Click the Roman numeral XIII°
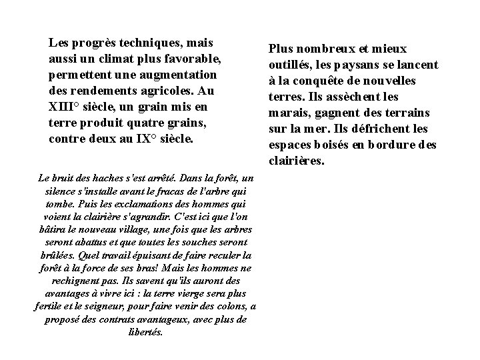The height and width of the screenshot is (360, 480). pos(66,107)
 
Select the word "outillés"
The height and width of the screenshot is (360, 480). pos(290,65)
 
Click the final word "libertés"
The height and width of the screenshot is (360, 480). pos(145,331)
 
